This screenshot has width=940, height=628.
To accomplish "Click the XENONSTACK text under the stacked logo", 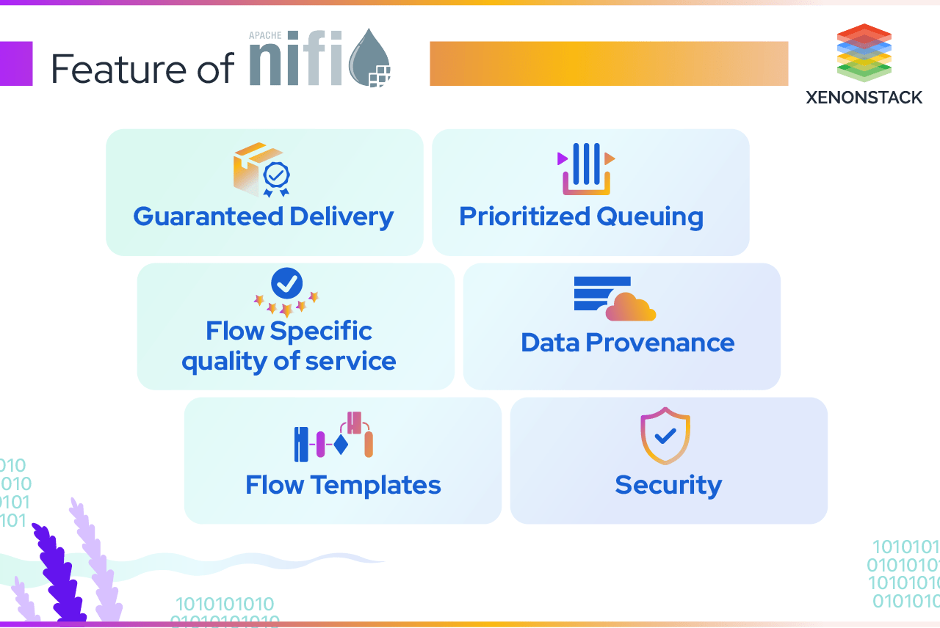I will (x=864, y=98).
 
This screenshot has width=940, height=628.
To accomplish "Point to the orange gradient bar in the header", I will (x=608, y=64).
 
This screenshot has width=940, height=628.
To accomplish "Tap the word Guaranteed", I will (x=208, y=217).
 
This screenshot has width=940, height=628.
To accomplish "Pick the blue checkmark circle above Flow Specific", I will (x=286, y=282).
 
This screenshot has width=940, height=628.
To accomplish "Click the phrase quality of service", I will (x=289, y=361).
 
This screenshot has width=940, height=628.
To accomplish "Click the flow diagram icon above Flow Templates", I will (x=333, y=437).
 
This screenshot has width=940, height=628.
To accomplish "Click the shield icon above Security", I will (x=665, y=437).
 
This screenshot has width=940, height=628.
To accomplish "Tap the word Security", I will (x=668, y=485).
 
